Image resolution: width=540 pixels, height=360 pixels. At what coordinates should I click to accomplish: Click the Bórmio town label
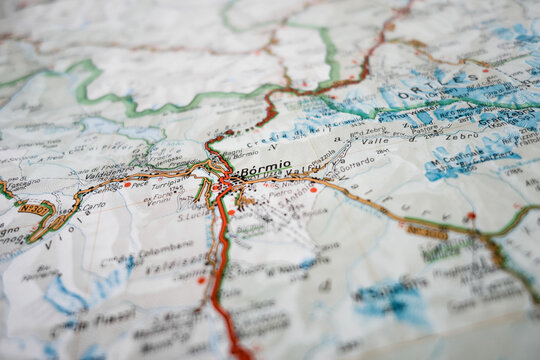pyautogui.click(x=265, y=165)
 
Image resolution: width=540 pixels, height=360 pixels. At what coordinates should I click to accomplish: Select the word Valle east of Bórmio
pyautogui.click(x=375, y=142)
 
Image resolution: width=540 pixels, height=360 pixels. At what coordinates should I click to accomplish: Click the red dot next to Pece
pyautogui.click(x=127, y=185)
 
